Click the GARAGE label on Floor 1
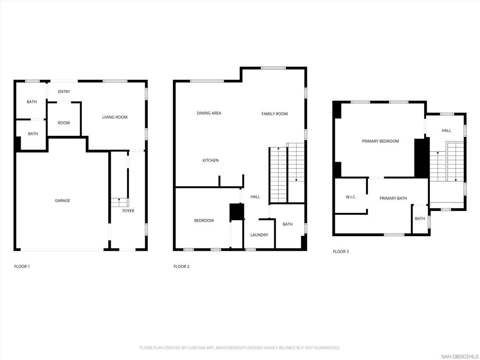pos(62,201)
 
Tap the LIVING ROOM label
pos(115,117)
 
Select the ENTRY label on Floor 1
pos(64,92)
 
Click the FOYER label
pos(128,211)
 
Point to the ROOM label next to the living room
pos(64,123)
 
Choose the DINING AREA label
pos(209,113)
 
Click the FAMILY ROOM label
pos(275,114)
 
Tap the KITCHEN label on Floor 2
pos(210,161)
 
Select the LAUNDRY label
pos(259,235)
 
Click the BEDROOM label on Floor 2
pos(204,221)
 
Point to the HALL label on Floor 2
pos(255,197)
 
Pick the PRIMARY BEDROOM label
pos(380,141)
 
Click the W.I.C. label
pos(351,197)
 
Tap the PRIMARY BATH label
pos(393,198)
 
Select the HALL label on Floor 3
pos(447,131)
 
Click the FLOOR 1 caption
pos(22,267)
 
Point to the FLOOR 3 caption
pos(341,252)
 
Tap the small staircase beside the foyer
pos(119,202)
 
